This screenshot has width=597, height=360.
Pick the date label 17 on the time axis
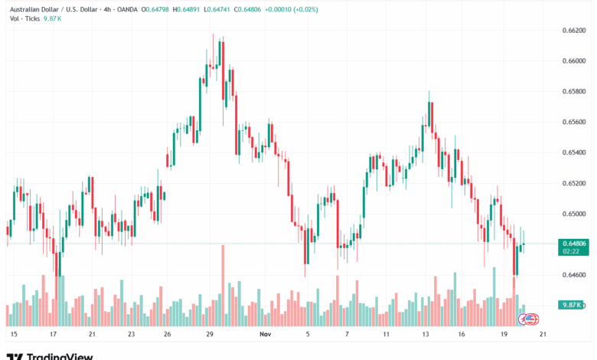coord(54,335)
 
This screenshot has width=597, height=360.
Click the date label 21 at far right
coord(542,335)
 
